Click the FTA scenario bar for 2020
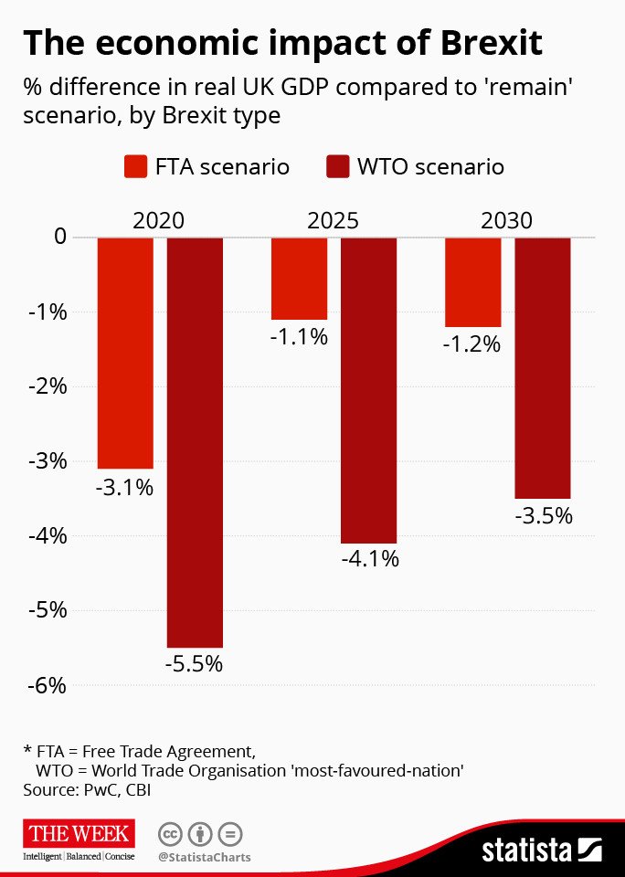125,353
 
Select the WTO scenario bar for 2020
195,442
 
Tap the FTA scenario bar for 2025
299,278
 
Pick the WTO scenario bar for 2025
368,390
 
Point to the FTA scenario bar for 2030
472,281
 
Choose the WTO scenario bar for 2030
543,367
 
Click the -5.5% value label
194,664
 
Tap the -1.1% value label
299,336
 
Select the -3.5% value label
543,515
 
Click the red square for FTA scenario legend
136,167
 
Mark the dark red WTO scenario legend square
338,167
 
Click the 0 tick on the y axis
60,238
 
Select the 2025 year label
333,220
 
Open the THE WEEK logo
80,833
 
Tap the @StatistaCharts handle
204,857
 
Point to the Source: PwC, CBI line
85,790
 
